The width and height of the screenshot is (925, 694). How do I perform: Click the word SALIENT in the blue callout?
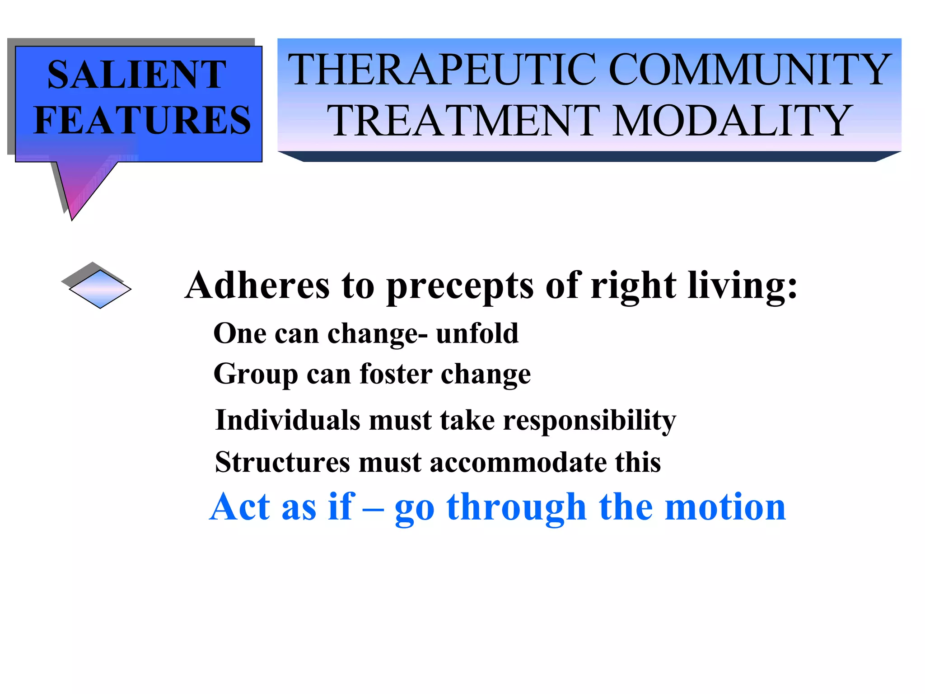(136, 75)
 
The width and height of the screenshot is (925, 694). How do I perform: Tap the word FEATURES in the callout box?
(142, 120)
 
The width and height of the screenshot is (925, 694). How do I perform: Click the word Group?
(256, 375)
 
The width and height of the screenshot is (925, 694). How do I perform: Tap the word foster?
(396, 374)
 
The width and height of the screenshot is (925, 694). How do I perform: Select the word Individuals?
(288, 420)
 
